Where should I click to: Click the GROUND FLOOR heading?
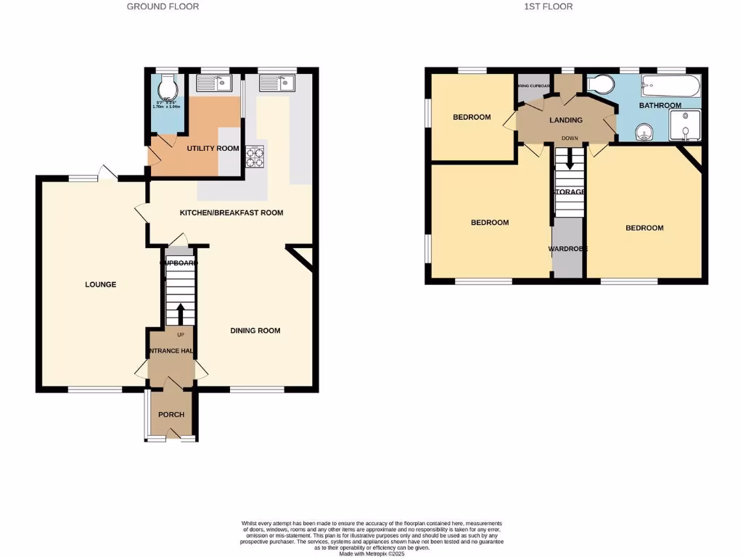click(163, 7)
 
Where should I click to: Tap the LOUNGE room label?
click(100, 284)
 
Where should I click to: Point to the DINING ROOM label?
click(255, 331)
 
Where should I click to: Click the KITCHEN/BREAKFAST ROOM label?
click(231, 213)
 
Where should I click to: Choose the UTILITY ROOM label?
click(213, 149)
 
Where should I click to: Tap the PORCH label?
click(171, 415)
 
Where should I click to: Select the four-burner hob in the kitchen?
click(255, 157)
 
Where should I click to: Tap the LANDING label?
click(565, 120)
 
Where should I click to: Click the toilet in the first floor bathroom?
click(599, 86)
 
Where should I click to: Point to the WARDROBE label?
click(567, 249)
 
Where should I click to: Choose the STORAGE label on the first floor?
click(570, 192)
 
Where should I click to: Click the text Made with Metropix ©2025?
click(371, 553)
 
